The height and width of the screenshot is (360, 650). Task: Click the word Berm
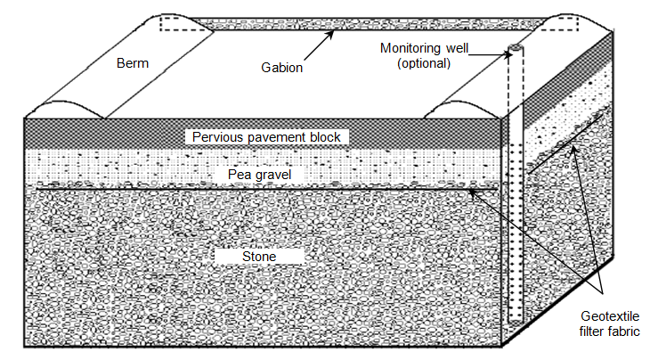click(x=133, y=63)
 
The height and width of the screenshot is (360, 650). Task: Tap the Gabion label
click(x=282, y=67)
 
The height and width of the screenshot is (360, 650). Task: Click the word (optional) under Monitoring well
click(x=424, y=63)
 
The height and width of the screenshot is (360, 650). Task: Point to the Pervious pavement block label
click(x=266, y=137)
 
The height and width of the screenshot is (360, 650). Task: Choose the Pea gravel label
click(x=259, y=174)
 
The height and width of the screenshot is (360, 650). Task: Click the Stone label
click(x=259, y=257)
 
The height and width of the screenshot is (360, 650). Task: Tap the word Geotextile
click(x=610, y=316)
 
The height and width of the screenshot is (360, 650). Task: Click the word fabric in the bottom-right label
click(x=624, y=331)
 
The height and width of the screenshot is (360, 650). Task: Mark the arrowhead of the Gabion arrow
click(x=330, y=34)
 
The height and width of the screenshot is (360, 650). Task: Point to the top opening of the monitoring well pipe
click(x=516, y=47)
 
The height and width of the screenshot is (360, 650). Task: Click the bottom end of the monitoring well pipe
click(x=516, y=320)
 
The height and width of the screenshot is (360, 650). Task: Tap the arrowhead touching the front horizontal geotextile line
click(x=472, y=192)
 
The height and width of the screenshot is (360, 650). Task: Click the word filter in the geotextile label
click(x=592, y=331)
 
